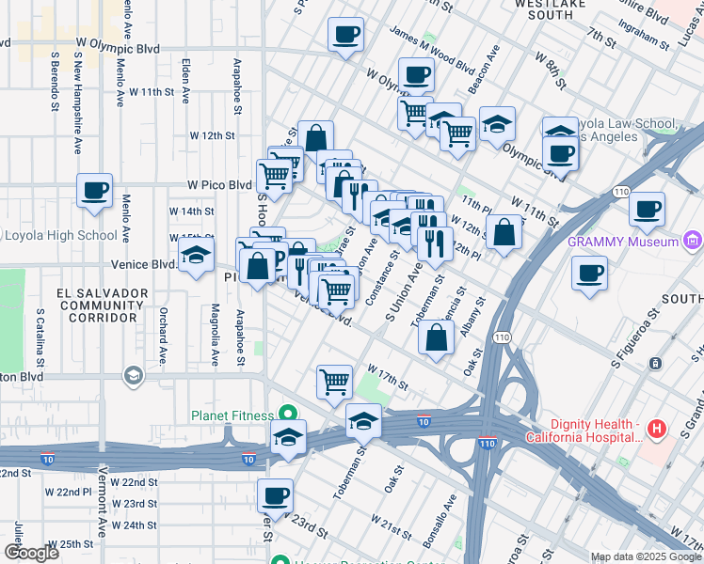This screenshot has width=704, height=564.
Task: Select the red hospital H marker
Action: click(x=657, y=431)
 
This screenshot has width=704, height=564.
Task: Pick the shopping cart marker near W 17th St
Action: click(x=334, y=382)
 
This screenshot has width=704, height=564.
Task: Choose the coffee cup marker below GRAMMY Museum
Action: click(x=590, y=274)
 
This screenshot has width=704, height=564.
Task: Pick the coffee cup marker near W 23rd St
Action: click(x=275, y=494)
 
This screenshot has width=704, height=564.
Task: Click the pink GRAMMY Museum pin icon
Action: click(x=694, y=242)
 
